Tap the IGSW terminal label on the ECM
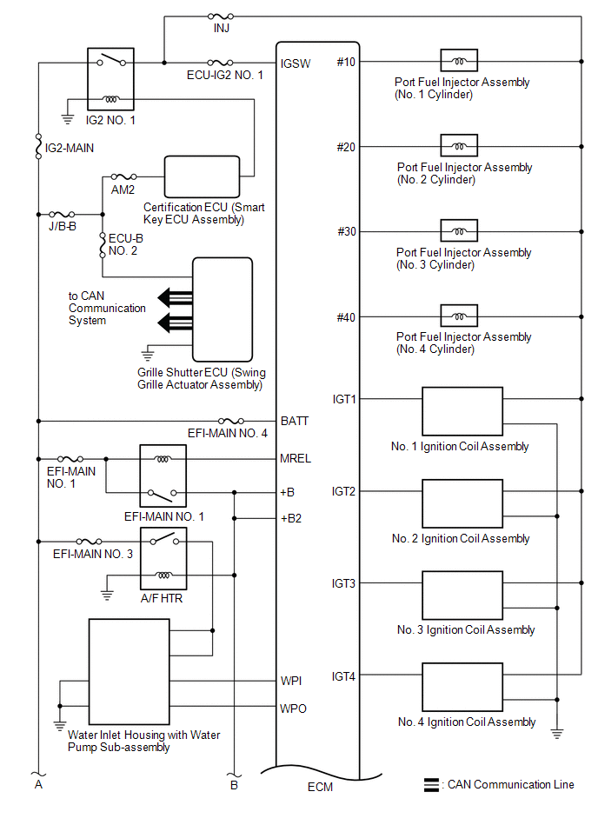click(x=292, y=63)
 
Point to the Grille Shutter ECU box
click(x=223, y=309)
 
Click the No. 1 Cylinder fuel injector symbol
click(x=459, y=61)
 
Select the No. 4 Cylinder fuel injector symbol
click(x=459, y=316)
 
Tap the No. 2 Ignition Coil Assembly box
click(x=462, y=504)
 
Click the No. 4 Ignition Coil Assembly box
click(x=462, y=689)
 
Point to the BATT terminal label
click(x=295, y=421)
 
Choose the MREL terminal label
click(x=296, y=458)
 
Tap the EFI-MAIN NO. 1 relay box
click(x=163, y=476)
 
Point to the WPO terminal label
click(x=294, y=709)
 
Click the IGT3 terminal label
click(x=344, y=583)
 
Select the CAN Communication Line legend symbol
click(x=430, y=784)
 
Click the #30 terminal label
click(x=345, y=232)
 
